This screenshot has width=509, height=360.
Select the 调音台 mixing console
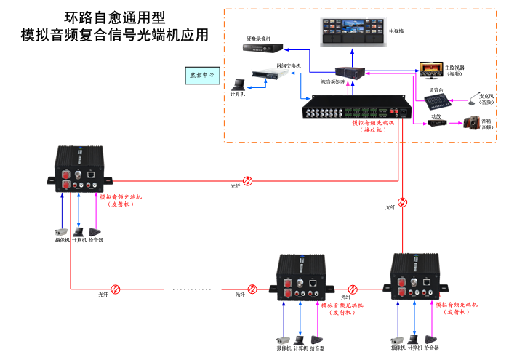point(436,98)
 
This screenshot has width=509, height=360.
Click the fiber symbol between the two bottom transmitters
point(354,289)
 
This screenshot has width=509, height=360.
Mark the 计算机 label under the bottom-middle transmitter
point(300,348)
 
